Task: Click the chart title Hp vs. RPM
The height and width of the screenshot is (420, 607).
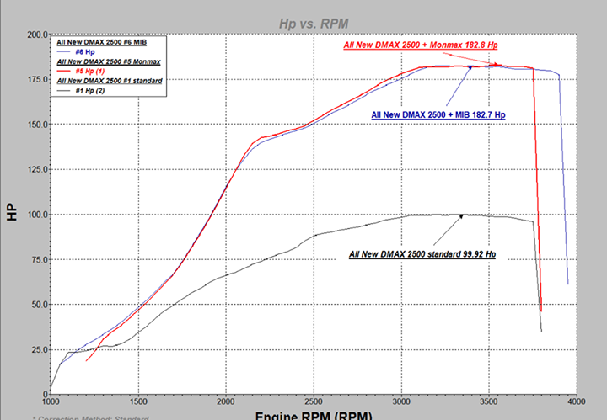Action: (x=314, y=24)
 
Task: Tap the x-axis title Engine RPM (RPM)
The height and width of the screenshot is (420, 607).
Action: (x=314, y=414)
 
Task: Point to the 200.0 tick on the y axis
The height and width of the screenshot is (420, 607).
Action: (x=35, y=35)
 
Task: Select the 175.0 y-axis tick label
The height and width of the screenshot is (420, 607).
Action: (x=35, y=80)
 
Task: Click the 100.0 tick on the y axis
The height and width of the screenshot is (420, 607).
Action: (x=35, y=215)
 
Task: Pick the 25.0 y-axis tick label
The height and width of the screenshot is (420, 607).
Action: (x=37, y=349)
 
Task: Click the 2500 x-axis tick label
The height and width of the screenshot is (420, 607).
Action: (x=314, y=402)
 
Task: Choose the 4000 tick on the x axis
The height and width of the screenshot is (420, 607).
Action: (x=577, y=402)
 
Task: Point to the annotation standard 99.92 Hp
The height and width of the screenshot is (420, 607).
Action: (x=421, y=253)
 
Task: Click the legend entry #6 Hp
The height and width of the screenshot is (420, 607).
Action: (x=84, y=52)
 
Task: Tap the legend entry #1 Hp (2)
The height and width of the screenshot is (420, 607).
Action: (x=89, y=90)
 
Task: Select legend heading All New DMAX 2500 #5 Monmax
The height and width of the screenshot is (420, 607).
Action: (x=108, y=61)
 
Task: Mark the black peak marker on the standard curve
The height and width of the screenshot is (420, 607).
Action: (x=461, y=216)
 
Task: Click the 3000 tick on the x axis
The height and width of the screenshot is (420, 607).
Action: (x=401, y=402)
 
